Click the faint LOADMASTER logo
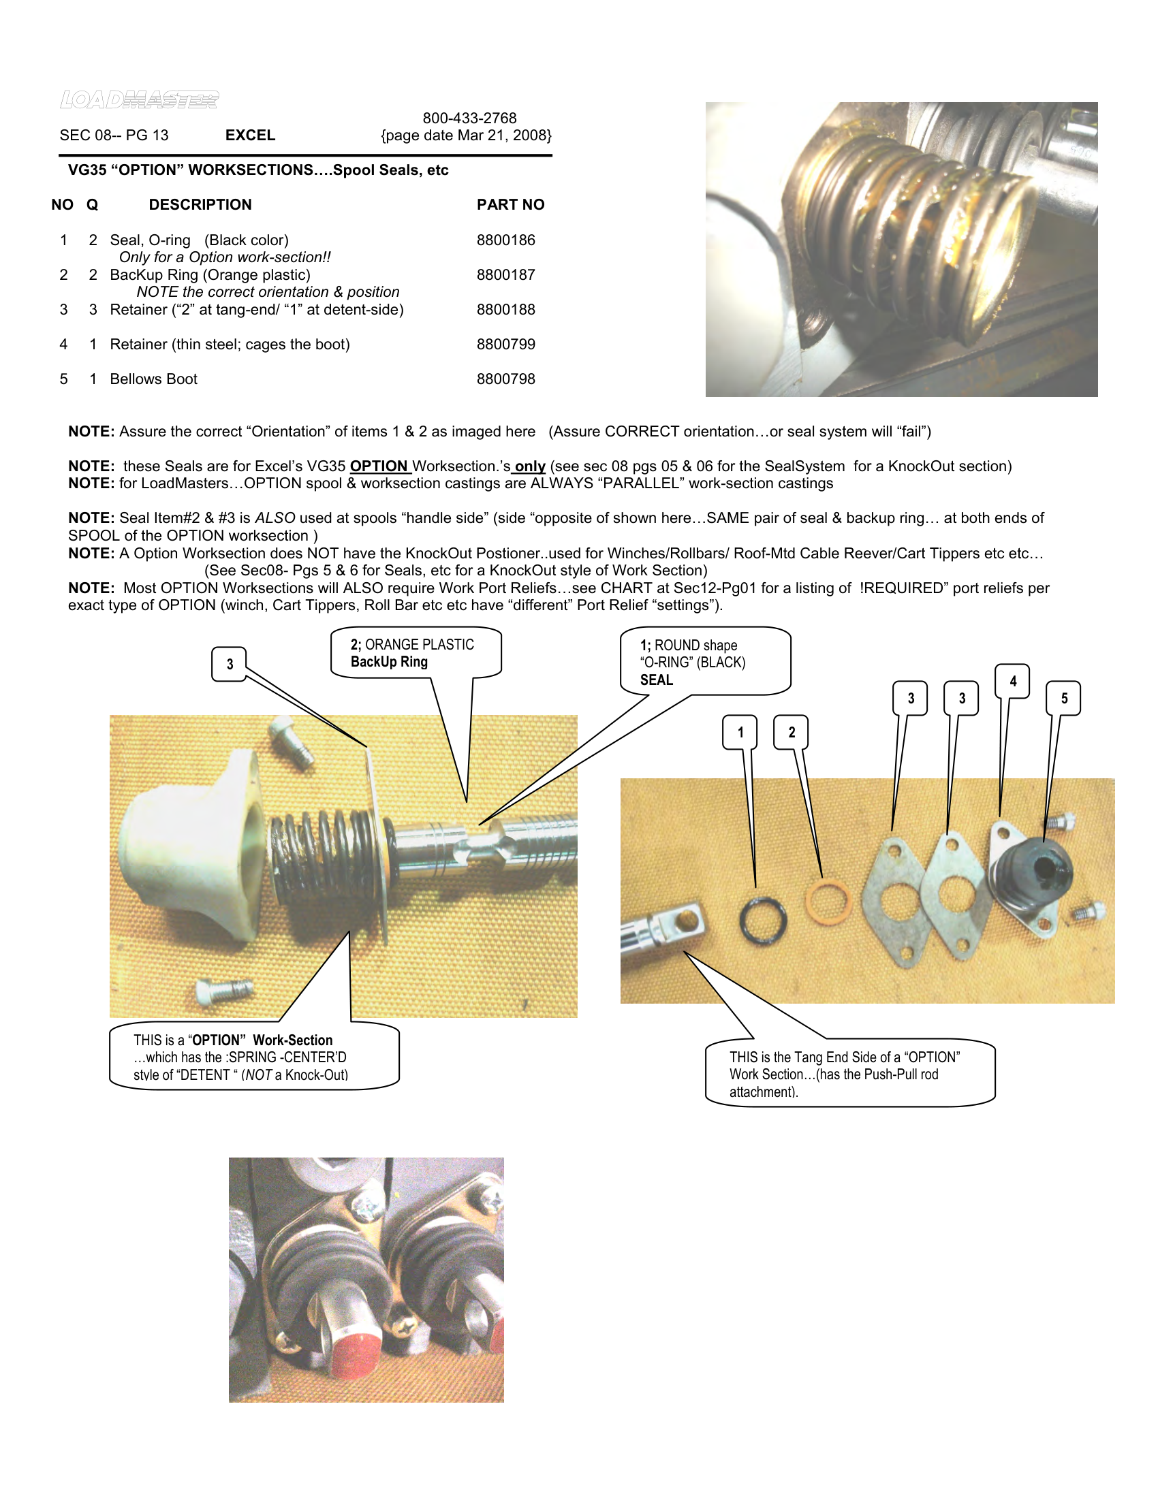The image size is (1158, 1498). pos(139,99)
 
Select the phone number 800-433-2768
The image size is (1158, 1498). pos(469,118)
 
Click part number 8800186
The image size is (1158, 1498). pos(505,240)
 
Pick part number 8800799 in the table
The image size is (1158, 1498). pos(505,345)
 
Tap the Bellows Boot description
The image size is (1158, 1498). pos(154,379)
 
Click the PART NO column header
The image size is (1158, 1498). pos(510,204)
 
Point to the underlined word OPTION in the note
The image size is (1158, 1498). pos(379,466)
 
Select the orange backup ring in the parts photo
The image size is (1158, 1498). pos(828,903)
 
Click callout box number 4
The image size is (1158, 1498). pos(1012,681)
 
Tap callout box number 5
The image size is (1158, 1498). pos(1063,698)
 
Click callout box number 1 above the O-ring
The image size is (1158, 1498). pos(740,732)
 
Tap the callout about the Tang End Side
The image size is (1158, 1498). pos(849,1074)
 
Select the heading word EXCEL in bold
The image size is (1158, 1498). pos(251,135)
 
